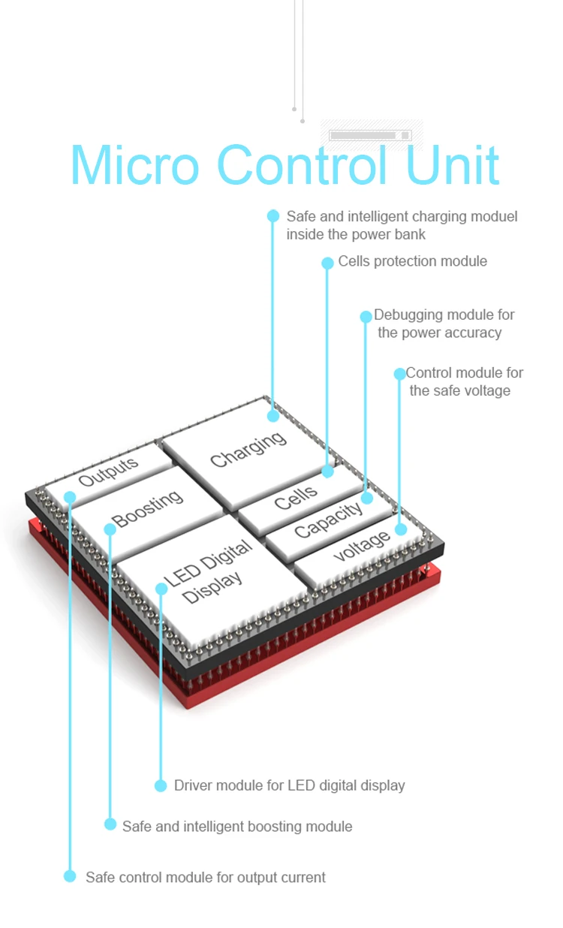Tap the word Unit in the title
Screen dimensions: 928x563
click(453, 165)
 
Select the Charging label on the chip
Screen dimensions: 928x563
click(248, 448)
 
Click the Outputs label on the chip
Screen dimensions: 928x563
click(110, 472)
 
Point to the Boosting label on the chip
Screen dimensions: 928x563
click(147, 509)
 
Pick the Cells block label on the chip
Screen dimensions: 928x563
click(296, 496)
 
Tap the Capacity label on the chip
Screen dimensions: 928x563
click(328, 520)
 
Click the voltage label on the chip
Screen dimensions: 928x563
click(362, 545)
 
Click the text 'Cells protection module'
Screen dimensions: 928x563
click(412, 261)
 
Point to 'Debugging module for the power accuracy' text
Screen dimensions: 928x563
click(443, 324)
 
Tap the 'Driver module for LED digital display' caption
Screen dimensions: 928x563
click(289, 785)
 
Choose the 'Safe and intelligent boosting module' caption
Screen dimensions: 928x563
click(237, 826)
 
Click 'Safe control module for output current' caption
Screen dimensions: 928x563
click(206, 877)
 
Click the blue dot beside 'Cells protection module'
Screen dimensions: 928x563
click(327, 263)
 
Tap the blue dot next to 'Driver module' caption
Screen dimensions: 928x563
click(161, 785)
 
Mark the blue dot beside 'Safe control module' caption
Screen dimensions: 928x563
click(70, 876)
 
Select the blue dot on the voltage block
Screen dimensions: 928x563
click(401, 529)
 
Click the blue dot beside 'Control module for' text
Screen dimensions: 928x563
click(399, 374)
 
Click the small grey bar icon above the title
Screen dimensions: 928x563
click(371, 135)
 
